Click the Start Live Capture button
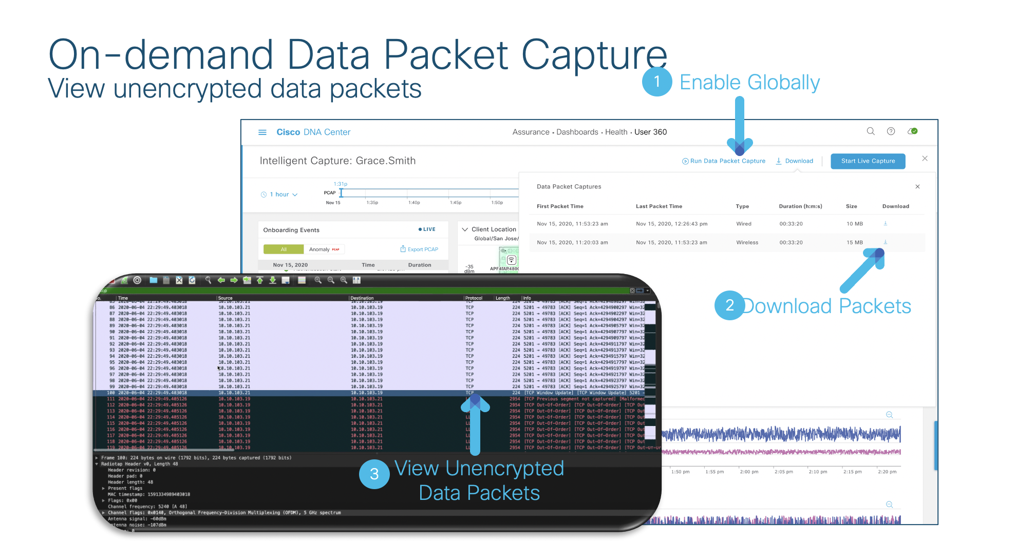point(868,161)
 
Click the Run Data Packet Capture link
point(724,161)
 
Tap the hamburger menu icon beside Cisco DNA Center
point(262,132)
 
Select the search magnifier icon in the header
point(871,131)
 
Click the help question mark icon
point(891,131)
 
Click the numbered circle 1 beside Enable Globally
point(657,82)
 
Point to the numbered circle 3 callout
point(374,474)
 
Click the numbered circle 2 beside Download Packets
point(729,305)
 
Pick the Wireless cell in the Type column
point(747,243)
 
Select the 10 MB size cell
point(855,224)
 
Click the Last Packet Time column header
point(659,206)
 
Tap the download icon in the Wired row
point(885,223)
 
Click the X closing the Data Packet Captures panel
point(917,187)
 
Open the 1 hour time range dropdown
point(279,195)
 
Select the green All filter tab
point(284,249)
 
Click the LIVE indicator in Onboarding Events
point(427,229)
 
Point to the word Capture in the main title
point(594,55)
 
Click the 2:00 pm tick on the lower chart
point(748,472)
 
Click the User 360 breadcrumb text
point(650,132)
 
